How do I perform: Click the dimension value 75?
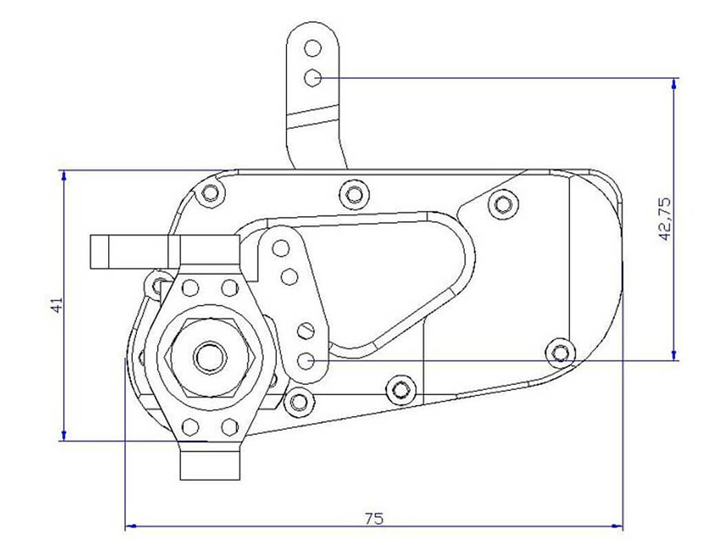[x=374, y=518]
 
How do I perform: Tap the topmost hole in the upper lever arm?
[x=313, y=48]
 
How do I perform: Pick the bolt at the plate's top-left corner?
[x=211, y=193]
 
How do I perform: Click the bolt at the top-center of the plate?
[x=353, y=193]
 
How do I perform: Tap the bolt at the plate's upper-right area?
[x=502, y=204]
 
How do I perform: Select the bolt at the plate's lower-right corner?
[x=561, y=353]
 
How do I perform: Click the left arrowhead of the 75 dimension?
[x=129, y=526]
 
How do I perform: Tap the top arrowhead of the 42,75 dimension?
[x=674, y=83]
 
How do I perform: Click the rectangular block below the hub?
[x=210, y=465]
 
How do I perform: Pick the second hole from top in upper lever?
[x=313, y=78]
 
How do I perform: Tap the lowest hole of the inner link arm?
[x=306, y=360]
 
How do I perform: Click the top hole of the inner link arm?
[x=280, y=247]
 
